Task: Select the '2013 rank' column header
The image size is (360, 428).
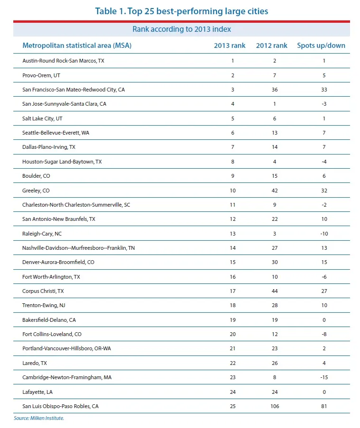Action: click(x=230, y=46)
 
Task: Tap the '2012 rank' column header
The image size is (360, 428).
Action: click(x=271, y=46)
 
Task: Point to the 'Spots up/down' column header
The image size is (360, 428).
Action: click(x=321, y=46)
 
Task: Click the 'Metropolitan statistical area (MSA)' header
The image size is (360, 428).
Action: click(x=77, y=46)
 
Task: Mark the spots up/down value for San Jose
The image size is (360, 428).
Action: click(x=324, y=104)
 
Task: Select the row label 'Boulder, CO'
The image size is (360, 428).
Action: click(x=36, y=176)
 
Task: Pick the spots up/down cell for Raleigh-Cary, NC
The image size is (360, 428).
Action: click(x=323, y=234)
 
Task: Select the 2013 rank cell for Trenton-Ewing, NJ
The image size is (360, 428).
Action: click(x=233, y=306)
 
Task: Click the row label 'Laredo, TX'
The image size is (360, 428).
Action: click(x=35, y=363)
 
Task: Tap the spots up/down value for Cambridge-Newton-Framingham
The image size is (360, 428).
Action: click(x=323, y=378)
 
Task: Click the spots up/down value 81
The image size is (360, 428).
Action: click(x=324, y=406)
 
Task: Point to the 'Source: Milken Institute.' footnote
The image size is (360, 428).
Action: click(x=39, y=418)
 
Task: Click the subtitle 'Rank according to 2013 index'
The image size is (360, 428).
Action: click(x=182, y=29)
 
